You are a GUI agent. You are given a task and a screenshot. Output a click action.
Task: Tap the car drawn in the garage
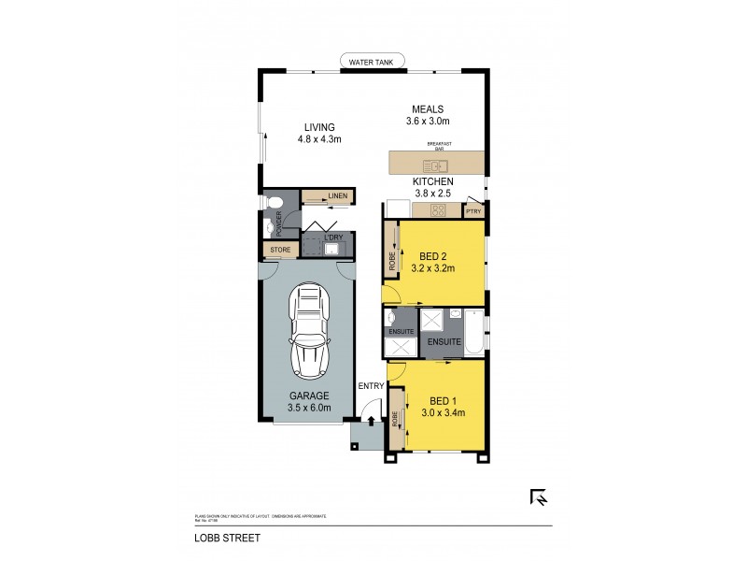[309, 329]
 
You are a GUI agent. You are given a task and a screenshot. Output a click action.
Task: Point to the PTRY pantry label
[474, 211]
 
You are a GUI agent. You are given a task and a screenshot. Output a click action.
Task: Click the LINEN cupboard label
[337, 196]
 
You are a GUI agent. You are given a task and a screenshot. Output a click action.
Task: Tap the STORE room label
[280, 251]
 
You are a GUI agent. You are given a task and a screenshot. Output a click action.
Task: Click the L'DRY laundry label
[334, 237]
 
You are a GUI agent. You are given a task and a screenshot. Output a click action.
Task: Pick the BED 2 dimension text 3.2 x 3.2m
[432, 268]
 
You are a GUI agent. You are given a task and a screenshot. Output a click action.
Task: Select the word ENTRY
[371, 385]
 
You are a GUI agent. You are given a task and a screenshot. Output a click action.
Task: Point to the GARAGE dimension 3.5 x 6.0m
[309, 408]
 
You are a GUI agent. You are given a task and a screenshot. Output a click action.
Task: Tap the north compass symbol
[539, 498]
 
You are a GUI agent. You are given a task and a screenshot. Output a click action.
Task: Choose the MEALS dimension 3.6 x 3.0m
[428, 121]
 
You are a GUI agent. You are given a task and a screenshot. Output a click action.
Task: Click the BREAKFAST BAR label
[440, 147]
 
